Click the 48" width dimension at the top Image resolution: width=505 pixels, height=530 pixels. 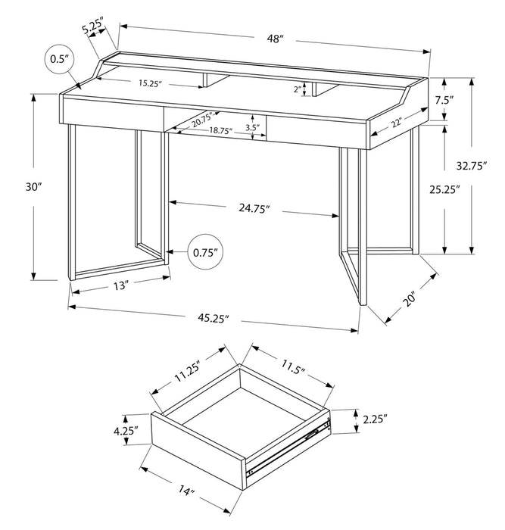(274, 38)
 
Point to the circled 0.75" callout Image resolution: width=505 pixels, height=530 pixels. (204, 251)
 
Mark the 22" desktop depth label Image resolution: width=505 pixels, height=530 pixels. (397, 120)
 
